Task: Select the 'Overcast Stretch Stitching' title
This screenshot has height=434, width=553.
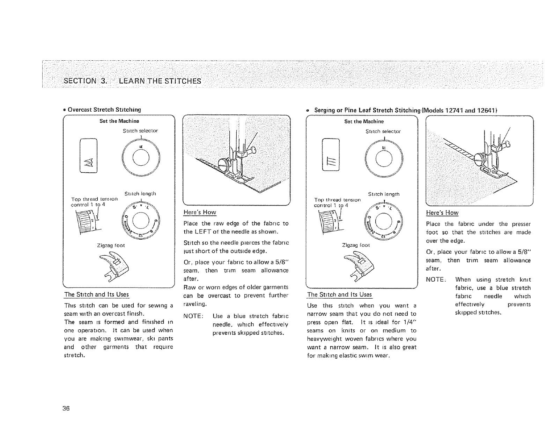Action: click(104, 110)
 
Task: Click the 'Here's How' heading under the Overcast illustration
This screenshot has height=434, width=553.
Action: click(200, 212)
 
